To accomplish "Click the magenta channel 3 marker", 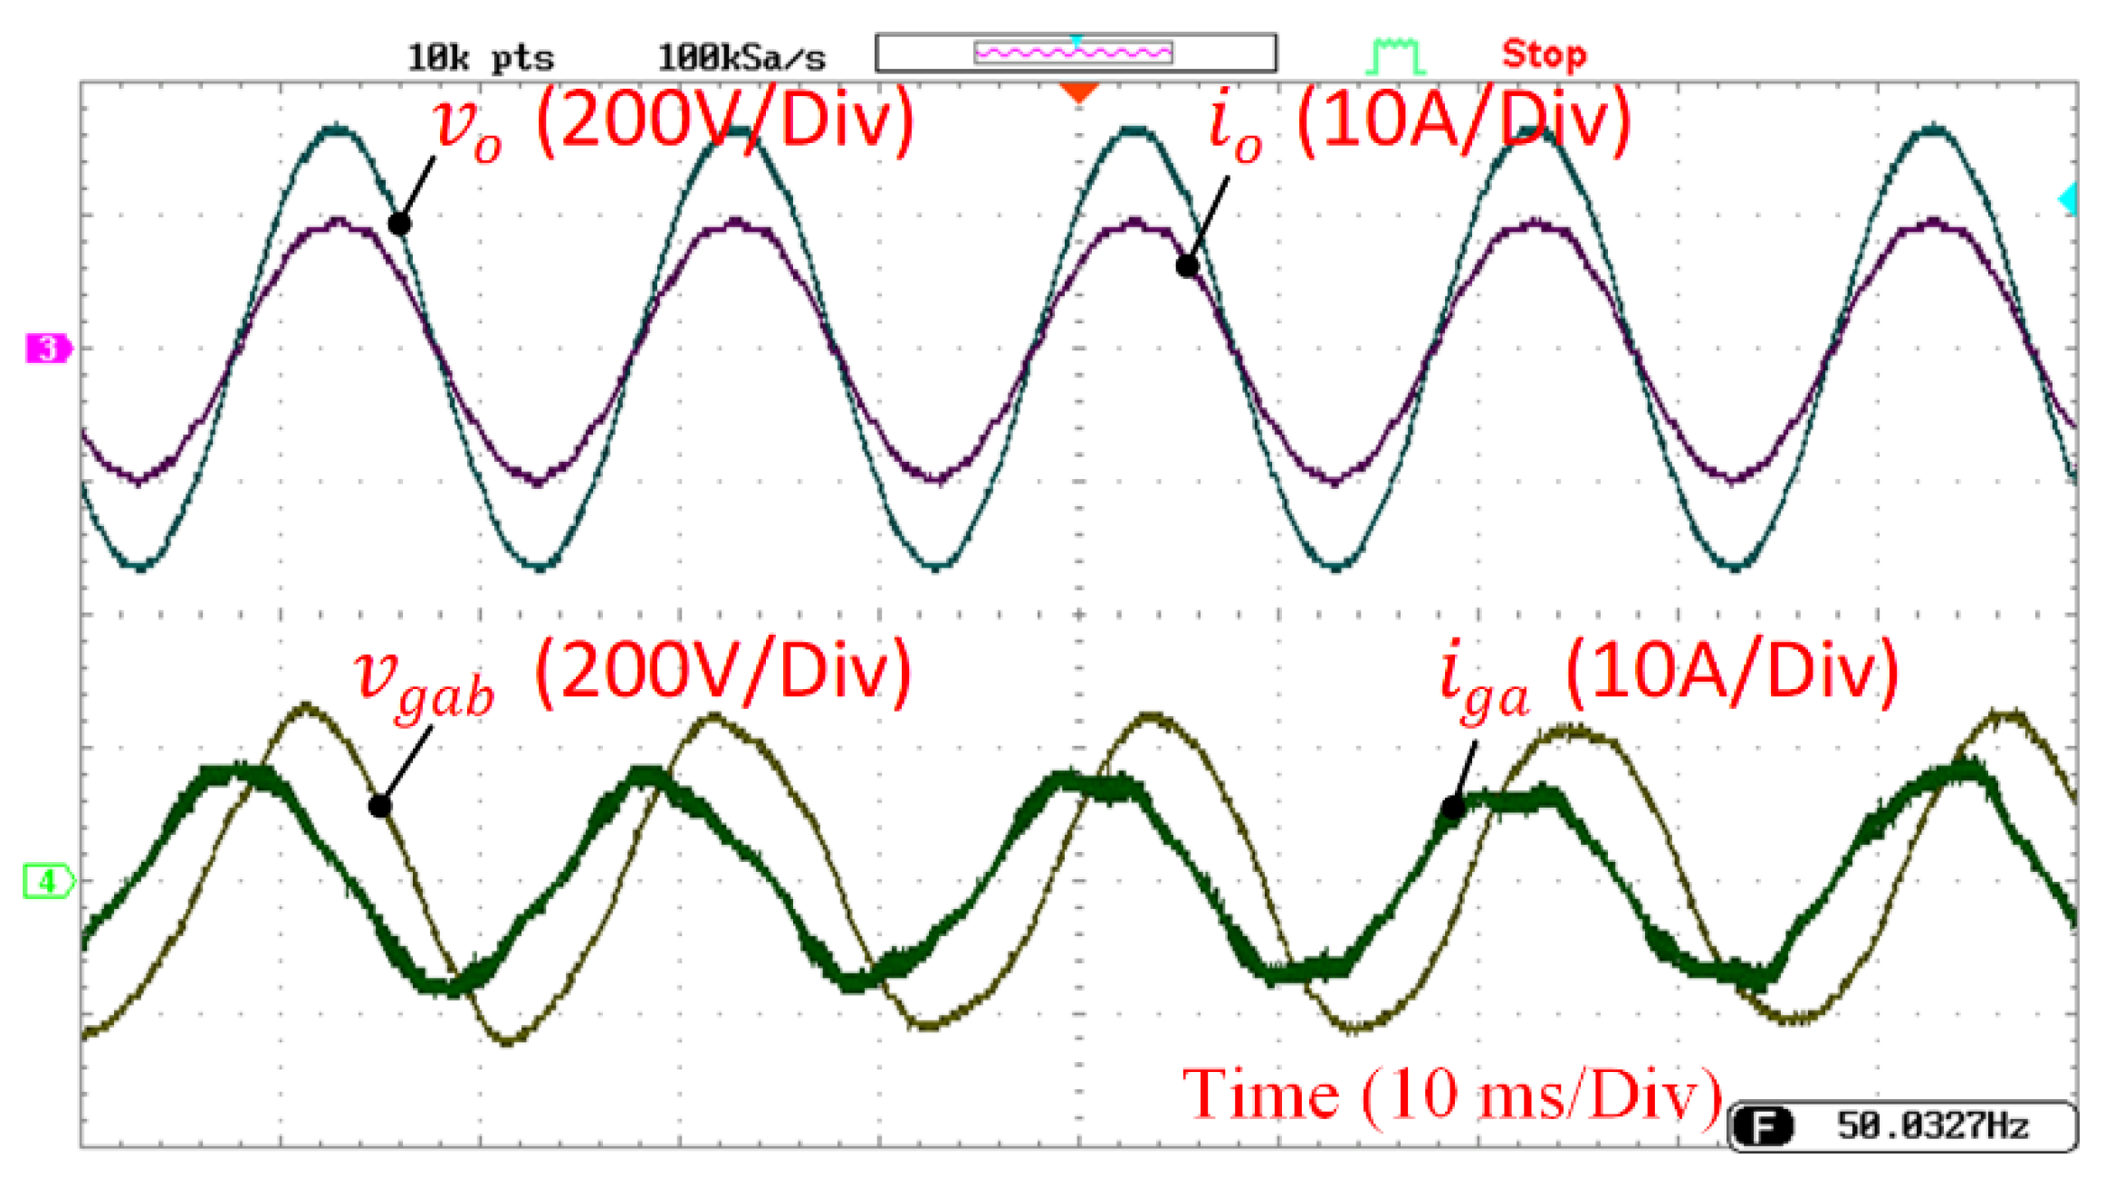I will pyautogui.click(x=47, y=348).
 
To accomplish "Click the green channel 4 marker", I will pyautogui.click(x=47, y=880).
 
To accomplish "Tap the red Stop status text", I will pyautogui.click(x=1543, y=54).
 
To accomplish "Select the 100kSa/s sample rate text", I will pyautogui.click(x=741, y=58).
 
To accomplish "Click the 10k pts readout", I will pyautogui.click(x=480, y=58).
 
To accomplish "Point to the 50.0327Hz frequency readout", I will pyautogui.click(x=1932, y=1125).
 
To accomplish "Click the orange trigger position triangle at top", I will pyautogui.click(x=1078, y=91).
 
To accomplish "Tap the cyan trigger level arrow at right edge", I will pyautogui.click(x=2068, y=198).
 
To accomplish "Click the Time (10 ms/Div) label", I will pyautogui.click(x=1452, y=1095).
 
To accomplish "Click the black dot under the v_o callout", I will pyautogui.click(x=399, y=223).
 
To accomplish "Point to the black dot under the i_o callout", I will pyautogui.click(x=1187, y=265).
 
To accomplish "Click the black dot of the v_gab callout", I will pyautogui.click(x=379, y=805).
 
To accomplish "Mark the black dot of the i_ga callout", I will pyautogui.click(x=1452, y=807).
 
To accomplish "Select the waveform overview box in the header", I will pyautogui.click(x=1076, y=53).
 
